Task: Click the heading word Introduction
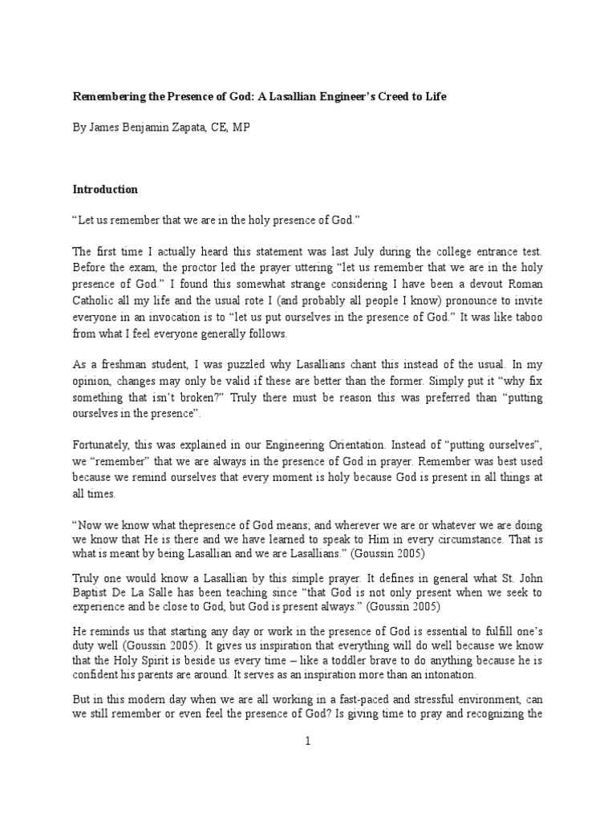click(x=106, y=190)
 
